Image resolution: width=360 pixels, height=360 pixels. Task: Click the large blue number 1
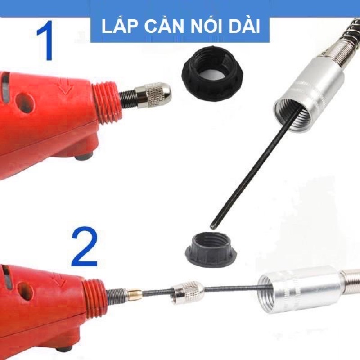[46, 40]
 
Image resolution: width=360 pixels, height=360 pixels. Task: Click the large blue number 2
[85, 247]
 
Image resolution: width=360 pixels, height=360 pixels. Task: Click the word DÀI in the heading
[243, 27]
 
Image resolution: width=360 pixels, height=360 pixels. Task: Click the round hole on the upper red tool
[25, 102]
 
